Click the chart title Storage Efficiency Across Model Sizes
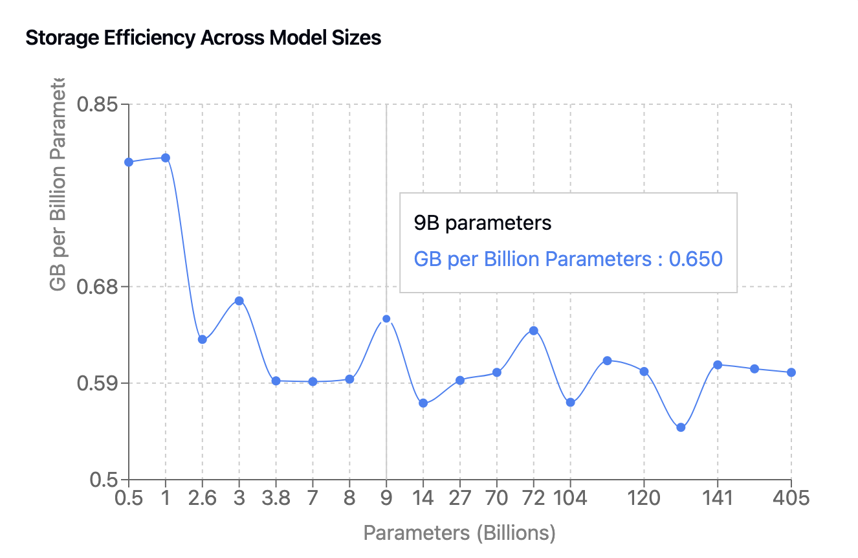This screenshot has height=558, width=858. pos(203,38)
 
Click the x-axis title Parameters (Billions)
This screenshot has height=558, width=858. pos(459,533)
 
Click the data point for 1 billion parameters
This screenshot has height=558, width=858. pos(166,158)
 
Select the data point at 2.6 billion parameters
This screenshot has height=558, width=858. pos(203,339)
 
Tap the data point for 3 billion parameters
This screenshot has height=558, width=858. pos(239,301)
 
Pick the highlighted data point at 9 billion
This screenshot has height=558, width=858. pos(386,318)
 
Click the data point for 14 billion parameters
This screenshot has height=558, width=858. pos(423,403)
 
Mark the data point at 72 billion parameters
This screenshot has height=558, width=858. pos(534,331)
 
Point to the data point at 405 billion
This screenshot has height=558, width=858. pos(791,372)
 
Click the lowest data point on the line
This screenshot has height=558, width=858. pos(681,427)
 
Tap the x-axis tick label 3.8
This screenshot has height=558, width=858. pos(276,498)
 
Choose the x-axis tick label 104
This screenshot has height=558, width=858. pos(570,498)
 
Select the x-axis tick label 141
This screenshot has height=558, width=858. pos(718,498)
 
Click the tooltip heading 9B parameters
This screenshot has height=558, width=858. pos(482,223)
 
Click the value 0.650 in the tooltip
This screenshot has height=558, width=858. pos(695,260)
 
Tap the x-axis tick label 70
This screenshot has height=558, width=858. pos(497,498)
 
